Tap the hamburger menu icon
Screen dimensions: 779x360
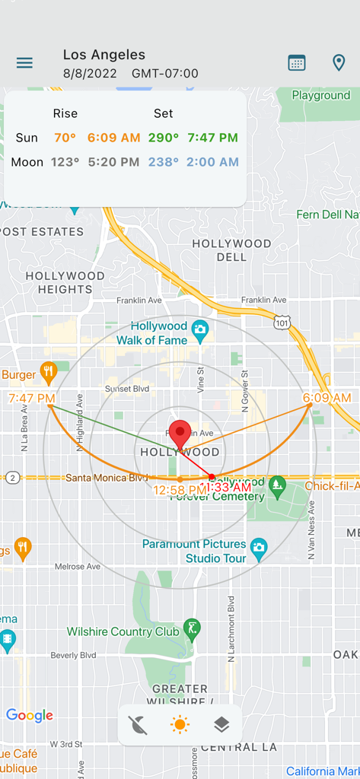point(24,63)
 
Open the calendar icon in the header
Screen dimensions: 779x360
point(297,63)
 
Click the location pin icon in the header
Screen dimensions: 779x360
point(339,63)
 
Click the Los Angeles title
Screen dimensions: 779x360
point(104,54)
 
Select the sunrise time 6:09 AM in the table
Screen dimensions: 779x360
point(113,138)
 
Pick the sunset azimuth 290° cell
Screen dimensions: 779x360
point(164,138)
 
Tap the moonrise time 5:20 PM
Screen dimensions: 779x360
point(113,162)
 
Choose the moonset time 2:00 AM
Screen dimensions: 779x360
point(213,162)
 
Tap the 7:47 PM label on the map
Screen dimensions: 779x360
point(31,398)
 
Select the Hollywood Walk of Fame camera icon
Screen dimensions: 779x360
point(200,329)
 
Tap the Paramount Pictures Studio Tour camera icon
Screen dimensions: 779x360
point(259,547)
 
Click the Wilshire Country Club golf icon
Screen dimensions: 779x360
point(193,628)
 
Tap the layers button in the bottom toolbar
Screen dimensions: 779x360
point(221,725)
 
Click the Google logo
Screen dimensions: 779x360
point(30,715)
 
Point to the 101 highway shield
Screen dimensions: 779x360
point(282,323)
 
